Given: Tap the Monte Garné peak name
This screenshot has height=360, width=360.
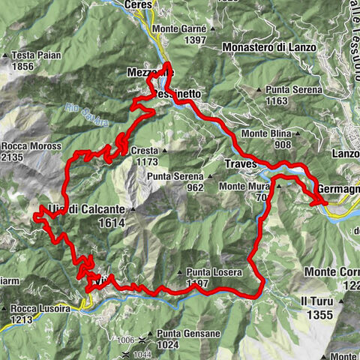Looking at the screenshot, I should [x=178, y=29].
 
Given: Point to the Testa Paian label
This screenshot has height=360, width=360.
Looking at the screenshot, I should [x=34, y=55].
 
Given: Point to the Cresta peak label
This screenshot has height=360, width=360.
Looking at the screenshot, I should [x=145, y=151].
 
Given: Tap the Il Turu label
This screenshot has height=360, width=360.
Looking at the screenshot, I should [x=316, y=301].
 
